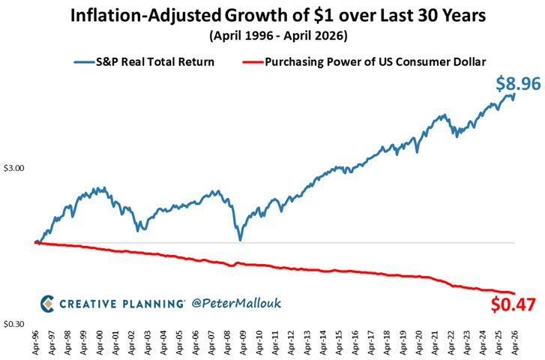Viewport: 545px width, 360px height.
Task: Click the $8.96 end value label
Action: [518, 84]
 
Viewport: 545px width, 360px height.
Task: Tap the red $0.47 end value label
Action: [513, 304]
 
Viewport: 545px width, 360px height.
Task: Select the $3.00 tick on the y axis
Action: [14, 168]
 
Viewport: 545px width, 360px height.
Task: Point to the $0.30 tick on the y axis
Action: [14, 324]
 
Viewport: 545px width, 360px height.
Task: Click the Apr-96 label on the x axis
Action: [36, 343]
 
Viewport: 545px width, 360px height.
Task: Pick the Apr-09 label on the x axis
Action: [243, 343]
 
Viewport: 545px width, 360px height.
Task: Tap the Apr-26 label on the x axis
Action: [514, 343]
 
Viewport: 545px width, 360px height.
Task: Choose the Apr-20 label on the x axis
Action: [418, 343]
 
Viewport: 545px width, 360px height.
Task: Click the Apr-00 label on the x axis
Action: [100, 343]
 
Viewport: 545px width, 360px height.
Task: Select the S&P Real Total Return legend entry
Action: [144, 62]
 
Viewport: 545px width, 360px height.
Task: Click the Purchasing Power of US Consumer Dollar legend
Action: [364, 62]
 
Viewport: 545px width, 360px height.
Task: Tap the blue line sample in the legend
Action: [85, 62]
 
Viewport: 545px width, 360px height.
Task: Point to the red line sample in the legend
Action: [253, 62]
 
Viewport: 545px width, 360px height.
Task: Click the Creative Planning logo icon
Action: [47, 304]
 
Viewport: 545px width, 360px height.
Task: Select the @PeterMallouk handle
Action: [236, 303]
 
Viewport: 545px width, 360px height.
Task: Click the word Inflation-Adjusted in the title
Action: [145, 16]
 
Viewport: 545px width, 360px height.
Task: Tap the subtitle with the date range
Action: [278, 35]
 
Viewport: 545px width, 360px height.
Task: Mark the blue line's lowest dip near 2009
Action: [240, 239]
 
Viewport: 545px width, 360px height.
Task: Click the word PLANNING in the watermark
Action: [153, 304]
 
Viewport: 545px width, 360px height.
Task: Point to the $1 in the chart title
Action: [321, 16]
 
